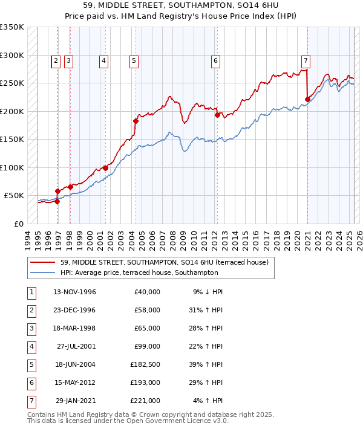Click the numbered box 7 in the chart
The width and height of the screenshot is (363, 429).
pos(306,60)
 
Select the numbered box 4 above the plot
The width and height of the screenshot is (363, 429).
pos(104,60)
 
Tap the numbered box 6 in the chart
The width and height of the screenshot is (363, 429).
pos(215,60)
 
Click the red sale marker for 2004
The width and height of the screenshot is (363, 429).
pos(136,121)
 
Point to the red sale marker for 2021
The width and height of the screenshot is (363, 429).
pos(307,99)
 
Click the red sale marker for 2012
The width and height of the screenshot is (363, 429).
pos(217,115)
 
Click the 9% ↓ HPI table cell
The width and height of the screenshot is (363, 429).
pos(208,292)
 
